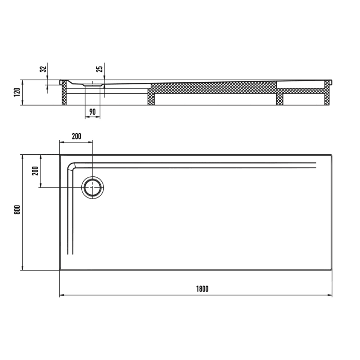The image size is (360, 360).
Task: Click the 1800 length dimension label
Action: click(x=202, y=289)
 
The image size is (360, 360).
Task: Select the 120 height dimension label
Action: click(x=16, y=93)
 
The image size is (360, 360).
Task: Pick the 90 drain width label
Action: click(x=93, y=112)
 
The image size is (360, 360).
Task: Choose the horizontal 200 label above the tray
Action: click(x=77, y=136)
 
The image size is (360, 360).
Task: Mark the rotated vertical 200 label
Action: click(x=35, y=170)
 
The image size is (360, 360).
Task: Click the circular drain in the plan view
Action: click(x=93, y=188)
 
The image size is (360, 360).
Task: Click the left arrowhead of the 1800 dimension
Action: click(x=62, y=295)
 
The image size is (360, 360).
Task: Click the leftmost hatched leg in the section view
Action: click(x=64, y=95)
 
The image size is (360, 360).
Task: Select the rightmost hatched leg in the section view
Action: click(x=326, y=95)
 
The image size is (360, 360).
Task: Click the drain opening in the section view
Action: click(x=93, y=83)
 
